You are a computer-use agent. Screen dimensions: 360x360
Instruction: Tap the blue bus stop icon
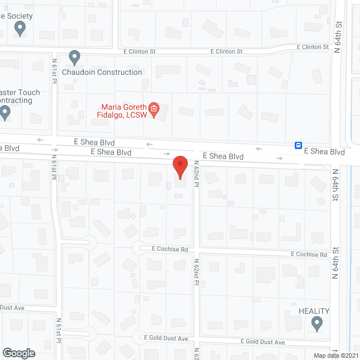tap(298, 145)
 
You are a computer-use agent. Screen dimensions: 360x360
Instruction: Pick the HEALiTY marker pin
tap(317, 323)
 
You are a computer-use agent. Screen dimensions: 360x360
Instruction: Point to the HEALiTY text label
tap(314, 310)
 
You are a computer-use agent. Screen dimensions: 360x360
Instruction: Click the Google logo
tap(19, 353)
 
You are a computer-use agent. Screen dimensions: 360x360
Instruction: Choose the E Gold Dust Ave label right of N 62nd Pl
tap(263, 342)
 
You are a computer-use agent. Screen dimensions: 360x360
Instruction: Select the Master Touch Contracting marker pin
tap(6, 112)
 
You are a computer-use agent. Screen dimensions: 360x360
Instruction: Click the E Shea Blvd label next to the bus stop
tap(324, 152)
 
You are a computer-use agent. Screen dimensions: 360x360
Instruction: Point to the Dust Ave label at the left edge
tap(12, 308)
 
